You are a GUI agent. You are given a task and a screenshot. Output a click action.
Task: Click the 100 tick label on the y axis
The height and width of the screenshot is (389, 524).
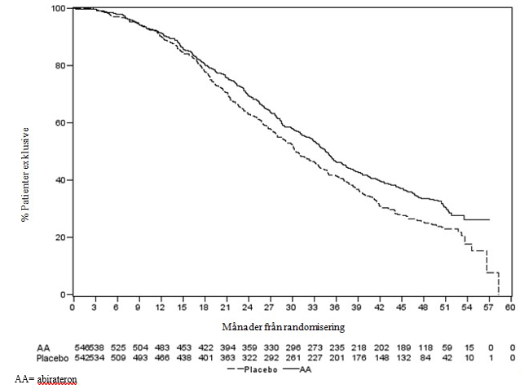[59, 8]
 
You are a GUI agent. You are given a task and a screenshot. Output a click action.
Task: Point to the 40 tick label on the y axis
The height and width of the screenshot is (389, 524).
[61, 180]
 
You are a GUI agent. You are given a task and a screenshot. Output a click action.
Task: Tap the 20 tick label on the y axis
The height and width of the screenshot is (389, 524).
[61, 237]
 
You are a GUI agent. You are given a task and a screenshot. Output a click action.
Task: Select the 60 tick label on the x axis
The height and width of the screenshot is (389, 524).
[511, 308]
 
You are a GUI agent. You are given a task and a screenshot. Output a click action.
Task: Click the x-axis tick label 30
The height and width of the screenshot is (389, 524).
[292, 308]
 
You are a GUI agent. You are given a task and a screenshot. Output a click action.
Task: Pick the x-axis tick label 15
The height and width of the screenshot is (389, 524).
[182, 308]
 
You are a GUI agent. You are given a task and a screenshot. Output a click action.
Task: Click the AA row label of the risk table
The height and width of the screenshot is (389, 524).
[21, 347]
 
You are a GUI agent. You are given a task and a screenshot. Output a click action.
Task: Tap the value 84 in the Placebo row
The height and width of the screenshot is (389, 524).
[424, 357]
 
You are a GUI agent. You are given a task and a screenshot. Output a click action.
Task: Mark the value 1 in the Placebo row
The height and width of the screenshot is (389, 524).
[491, 357]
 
